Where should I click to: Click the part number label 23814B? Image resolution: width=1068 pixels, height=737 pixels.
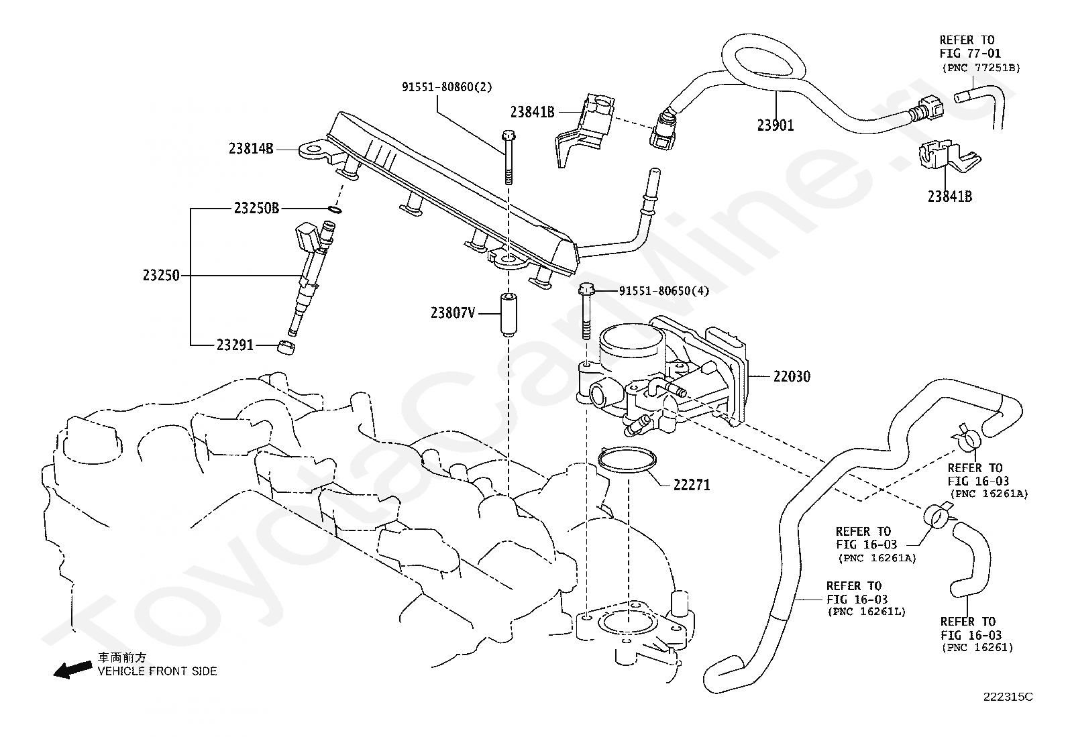252,149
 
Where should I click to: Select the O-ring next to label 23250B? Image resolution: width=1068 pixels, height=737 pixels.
335,209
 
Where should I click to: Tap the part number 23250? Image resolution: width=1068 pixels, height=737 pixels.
161,276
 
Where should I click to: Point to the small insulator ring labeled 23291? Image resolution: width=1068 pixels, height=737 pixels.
286,347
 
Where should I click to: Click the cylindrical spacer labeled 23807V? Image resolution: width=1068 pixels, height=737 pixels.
509,315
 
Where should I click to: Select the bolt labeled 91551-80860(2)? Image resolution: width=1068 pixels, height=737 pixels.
509,158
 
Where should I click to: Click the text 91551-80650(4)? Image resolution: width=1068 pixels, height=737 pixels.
664,291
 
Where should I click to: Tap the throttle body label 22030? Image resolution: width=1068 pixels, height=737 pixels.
792,377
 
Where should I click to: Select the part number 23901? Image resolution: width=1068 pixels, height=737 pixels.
776,125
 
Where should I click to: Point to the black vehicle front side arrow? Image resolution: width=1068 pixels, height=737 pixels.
72,669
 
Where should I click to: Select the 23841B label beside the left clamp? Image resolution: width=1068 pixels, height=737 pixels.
533,112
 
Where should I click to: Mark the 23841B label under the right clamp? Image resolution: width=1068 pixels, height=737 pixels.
950,196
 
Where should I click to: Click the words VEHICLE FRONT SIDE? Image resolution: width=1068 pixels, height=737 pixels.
158,671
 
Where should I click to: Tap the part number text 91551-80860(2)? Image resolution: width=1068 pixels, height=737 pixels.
447,87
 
